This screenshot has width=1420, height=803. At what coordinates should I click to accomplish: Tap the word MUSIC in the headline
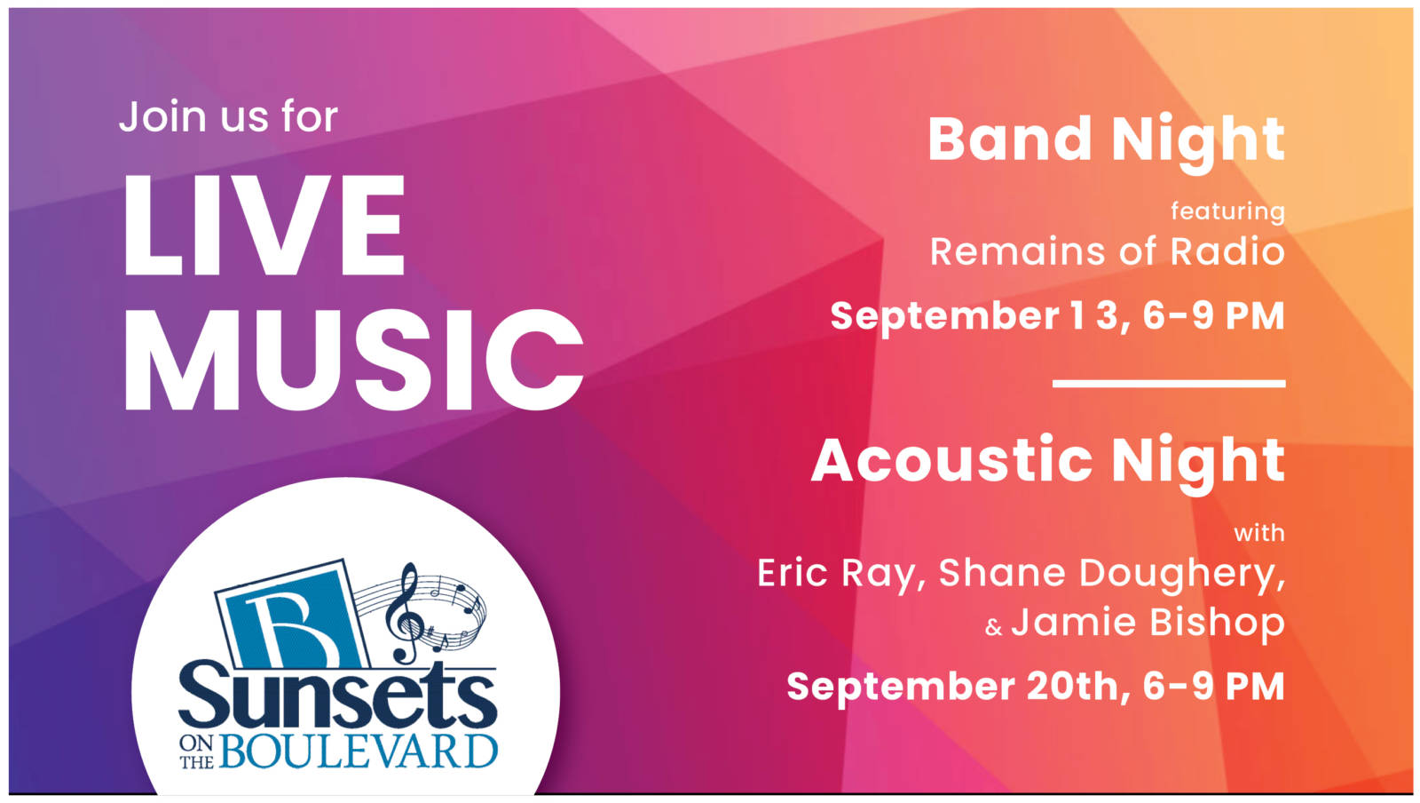point(354,361)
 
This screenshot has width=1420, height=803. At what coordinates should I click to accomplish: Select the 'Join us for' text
point(228,116)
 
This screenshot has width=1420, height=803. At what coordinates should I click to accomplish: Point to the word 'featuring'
point(1227,211)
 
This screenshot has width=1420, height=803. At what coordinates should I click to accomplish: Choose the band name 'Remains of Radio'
point(1107,251)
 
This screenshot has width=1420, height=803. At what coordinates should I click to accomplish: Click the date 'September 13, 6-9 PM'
point(1057,316)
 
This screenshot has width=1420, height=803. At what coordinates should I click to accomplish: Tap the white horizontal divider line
point(1168,383)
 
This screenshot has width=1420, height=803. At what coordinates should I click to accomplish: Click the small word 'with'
point(1259,533)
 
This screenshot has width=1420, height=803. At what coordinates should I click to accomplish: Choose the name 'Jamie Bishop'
point(1148,624)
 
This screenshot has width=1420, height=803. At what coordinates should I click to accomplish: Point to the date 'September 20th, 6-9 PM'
point(1036,687)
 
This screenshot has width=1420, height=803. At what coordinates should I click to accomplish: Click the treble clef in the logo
point(405,613)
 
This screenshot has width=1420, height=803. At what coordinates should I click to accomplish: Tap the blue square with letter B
point(292,616)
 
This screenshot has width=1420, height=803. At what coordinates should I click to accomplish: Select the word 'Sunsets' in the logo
point(337,696)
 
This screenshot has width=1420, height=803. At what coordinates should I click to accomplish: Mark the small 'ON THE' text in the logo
point(196,752)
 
